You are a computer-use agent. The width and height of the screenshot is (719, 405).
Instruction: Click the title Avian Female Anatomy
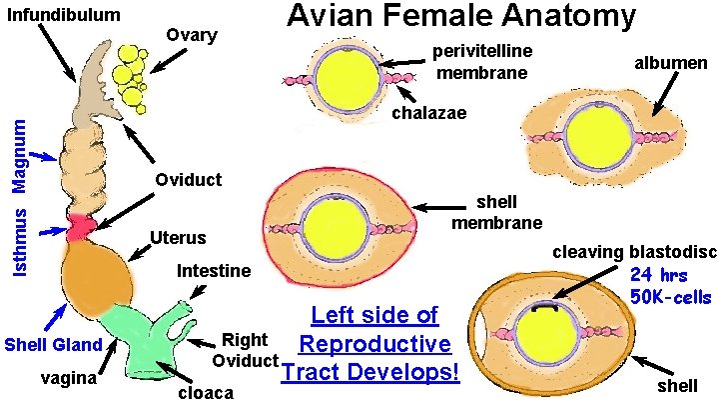point(460,17)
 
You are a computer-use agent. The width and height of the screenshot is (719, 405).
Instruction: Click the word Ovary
point(193,34)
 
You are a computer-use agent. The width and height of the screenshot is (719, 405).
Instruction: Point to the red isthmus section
point(78,227)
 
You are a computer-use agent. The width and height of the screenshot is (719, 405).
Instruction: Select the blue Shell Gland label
point(52,345)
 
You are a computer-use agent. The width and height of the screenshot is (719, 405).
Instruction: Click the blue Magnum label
point(17,155)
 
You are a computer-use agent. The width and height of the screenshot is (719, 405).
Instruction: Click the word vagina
point(69,379)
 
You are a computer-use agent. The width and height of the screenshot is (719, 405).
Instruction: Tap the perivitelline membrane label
point(482,61)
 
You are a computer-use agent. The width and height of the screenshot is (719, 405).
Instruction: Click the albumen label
point(670,63)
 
